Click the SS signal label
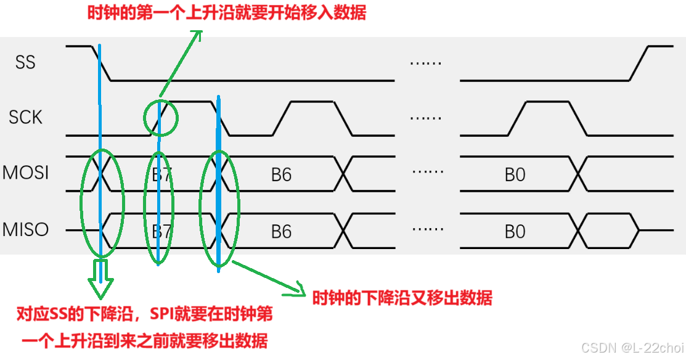point(25,62)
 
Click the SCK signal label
point(25,117)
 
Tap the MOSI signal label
point(25,173)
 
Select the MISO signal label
point(25,230)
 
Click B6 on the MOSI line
point(281,174)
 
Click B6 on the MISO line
point(281,232)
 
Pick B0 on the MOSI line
point(515,174)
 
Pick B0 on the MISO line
point(515,232)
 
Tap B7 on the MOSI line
point(161,174)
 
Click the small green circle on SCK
point(160,118)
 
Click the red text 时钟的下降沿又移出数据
point(402,298)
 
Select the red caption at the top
point(227,12)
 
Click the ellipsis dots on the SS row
point(426,63)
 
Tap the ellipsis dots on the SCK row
point(426,118)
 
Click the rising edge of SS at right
point(639,63)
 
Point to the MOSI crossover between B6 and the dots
point(345,173)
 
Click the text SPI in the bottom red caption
point(161,315)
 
